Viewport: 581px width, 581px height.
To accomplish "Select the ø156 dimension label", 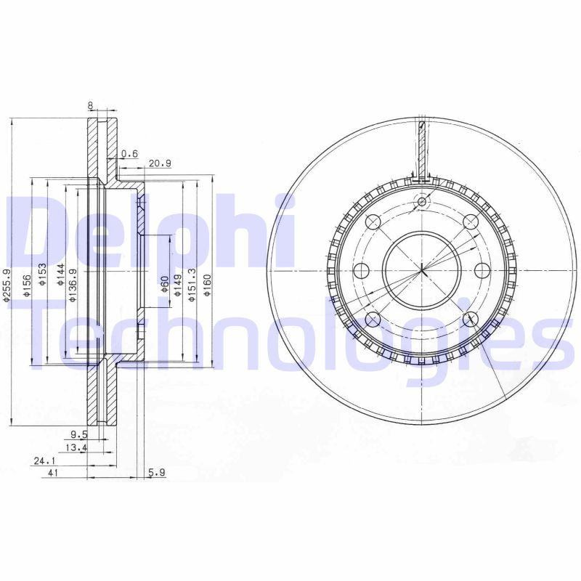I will pos(27,285).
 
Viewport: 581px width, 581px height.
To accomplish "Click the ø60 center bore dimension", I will pos(165,285).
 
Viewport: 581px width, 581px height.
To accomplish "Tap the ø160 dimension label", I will pos(208,285).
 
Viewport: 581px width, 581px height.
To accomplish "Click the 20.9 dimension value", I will pos(160,163).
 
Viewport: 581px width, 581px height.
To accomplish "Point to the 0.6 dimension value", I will pos(129,153).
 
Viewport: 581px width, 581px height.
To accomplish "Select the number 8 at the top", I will pos(90,106).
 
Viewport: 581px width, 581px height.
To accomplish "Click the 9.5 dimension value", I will pos(78,435).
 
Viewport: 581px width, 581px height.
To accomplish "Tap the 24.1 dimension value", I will pos(44,460).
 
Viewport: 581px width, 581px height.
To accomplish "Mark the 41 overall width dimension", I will pos(53,472).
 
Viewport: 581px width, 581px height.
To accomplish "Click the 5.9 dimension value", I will pos(158,472).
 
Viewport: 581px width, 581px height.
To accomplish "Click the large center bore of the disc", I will pos(422,270).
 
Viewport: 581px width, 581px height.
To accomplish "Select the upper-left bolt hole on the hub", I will pos(373,222).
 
